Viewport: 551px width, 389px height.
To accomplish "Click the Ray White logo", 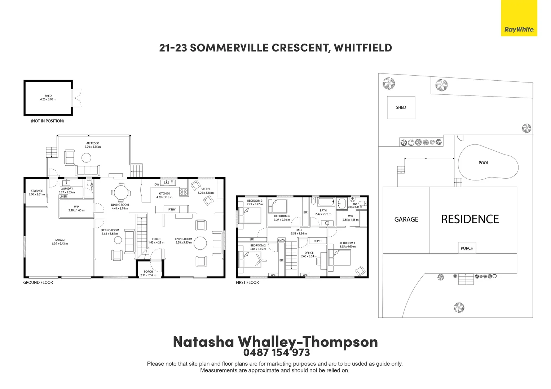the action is point(519,18).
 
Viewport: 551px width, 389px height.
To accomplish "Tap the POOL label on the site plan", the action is point(484,163).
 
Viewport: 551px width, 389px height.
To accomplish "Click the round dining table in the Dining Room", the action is point(121,193).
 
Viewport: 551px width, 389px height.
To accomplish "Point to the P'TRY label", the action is point(172,209).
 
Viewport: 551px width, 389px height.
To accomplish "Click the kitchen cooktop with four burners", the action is point(184,192).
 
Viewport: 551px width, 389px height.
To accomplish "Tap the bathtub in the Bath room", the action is point(326,202).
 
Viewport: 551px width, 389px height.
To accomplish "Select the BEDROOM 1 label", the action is point(347,243).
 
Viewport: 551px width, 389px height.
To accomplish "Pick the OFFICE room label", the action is point(309,252).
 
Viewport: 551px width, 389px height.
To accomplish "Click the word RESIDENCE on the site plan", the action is point(470,219).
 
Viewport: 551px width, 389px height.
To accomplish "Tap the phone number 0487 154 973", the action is point(277,352).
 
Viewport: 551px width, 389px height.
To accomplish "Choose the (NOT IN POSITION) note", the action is point(47,121).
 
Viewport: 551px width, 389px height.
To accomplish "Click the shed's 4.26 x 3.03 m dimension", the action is point(48,99).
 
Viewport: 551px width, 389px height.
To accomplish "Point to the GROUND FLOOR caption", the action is point(38,283).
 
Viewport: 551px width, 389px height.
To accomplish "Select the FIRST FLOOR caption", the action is point(247,283).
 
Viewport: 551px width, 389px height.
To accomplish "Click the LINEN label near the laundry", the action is point(63,197).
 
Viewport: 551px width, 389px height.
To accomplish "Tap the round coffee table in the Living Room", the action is point(200,243).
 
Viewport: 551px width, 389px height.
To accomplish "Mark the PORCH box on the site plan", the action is point(467,248).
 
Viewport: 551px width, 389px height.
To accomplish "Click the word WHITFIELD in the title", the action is point(363,48).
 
